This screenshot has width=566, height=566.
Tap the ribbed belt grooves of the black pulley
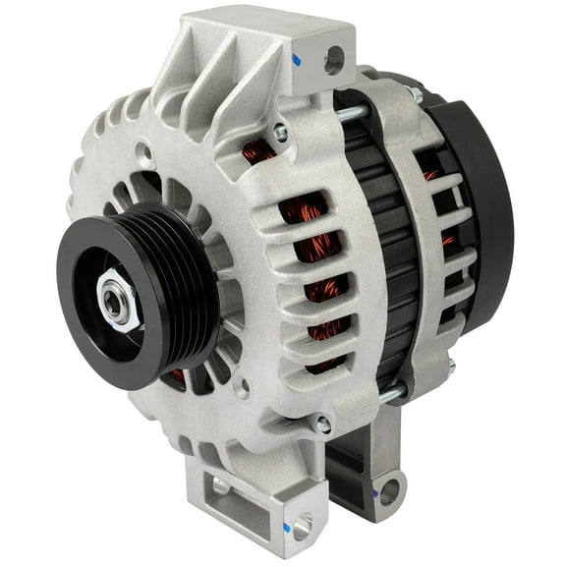[182, 285]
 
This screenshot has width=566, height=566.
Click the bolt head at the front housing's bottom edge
[322, 424]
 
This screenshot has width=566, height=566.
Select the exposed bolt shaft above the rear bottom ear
[391, 393]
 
